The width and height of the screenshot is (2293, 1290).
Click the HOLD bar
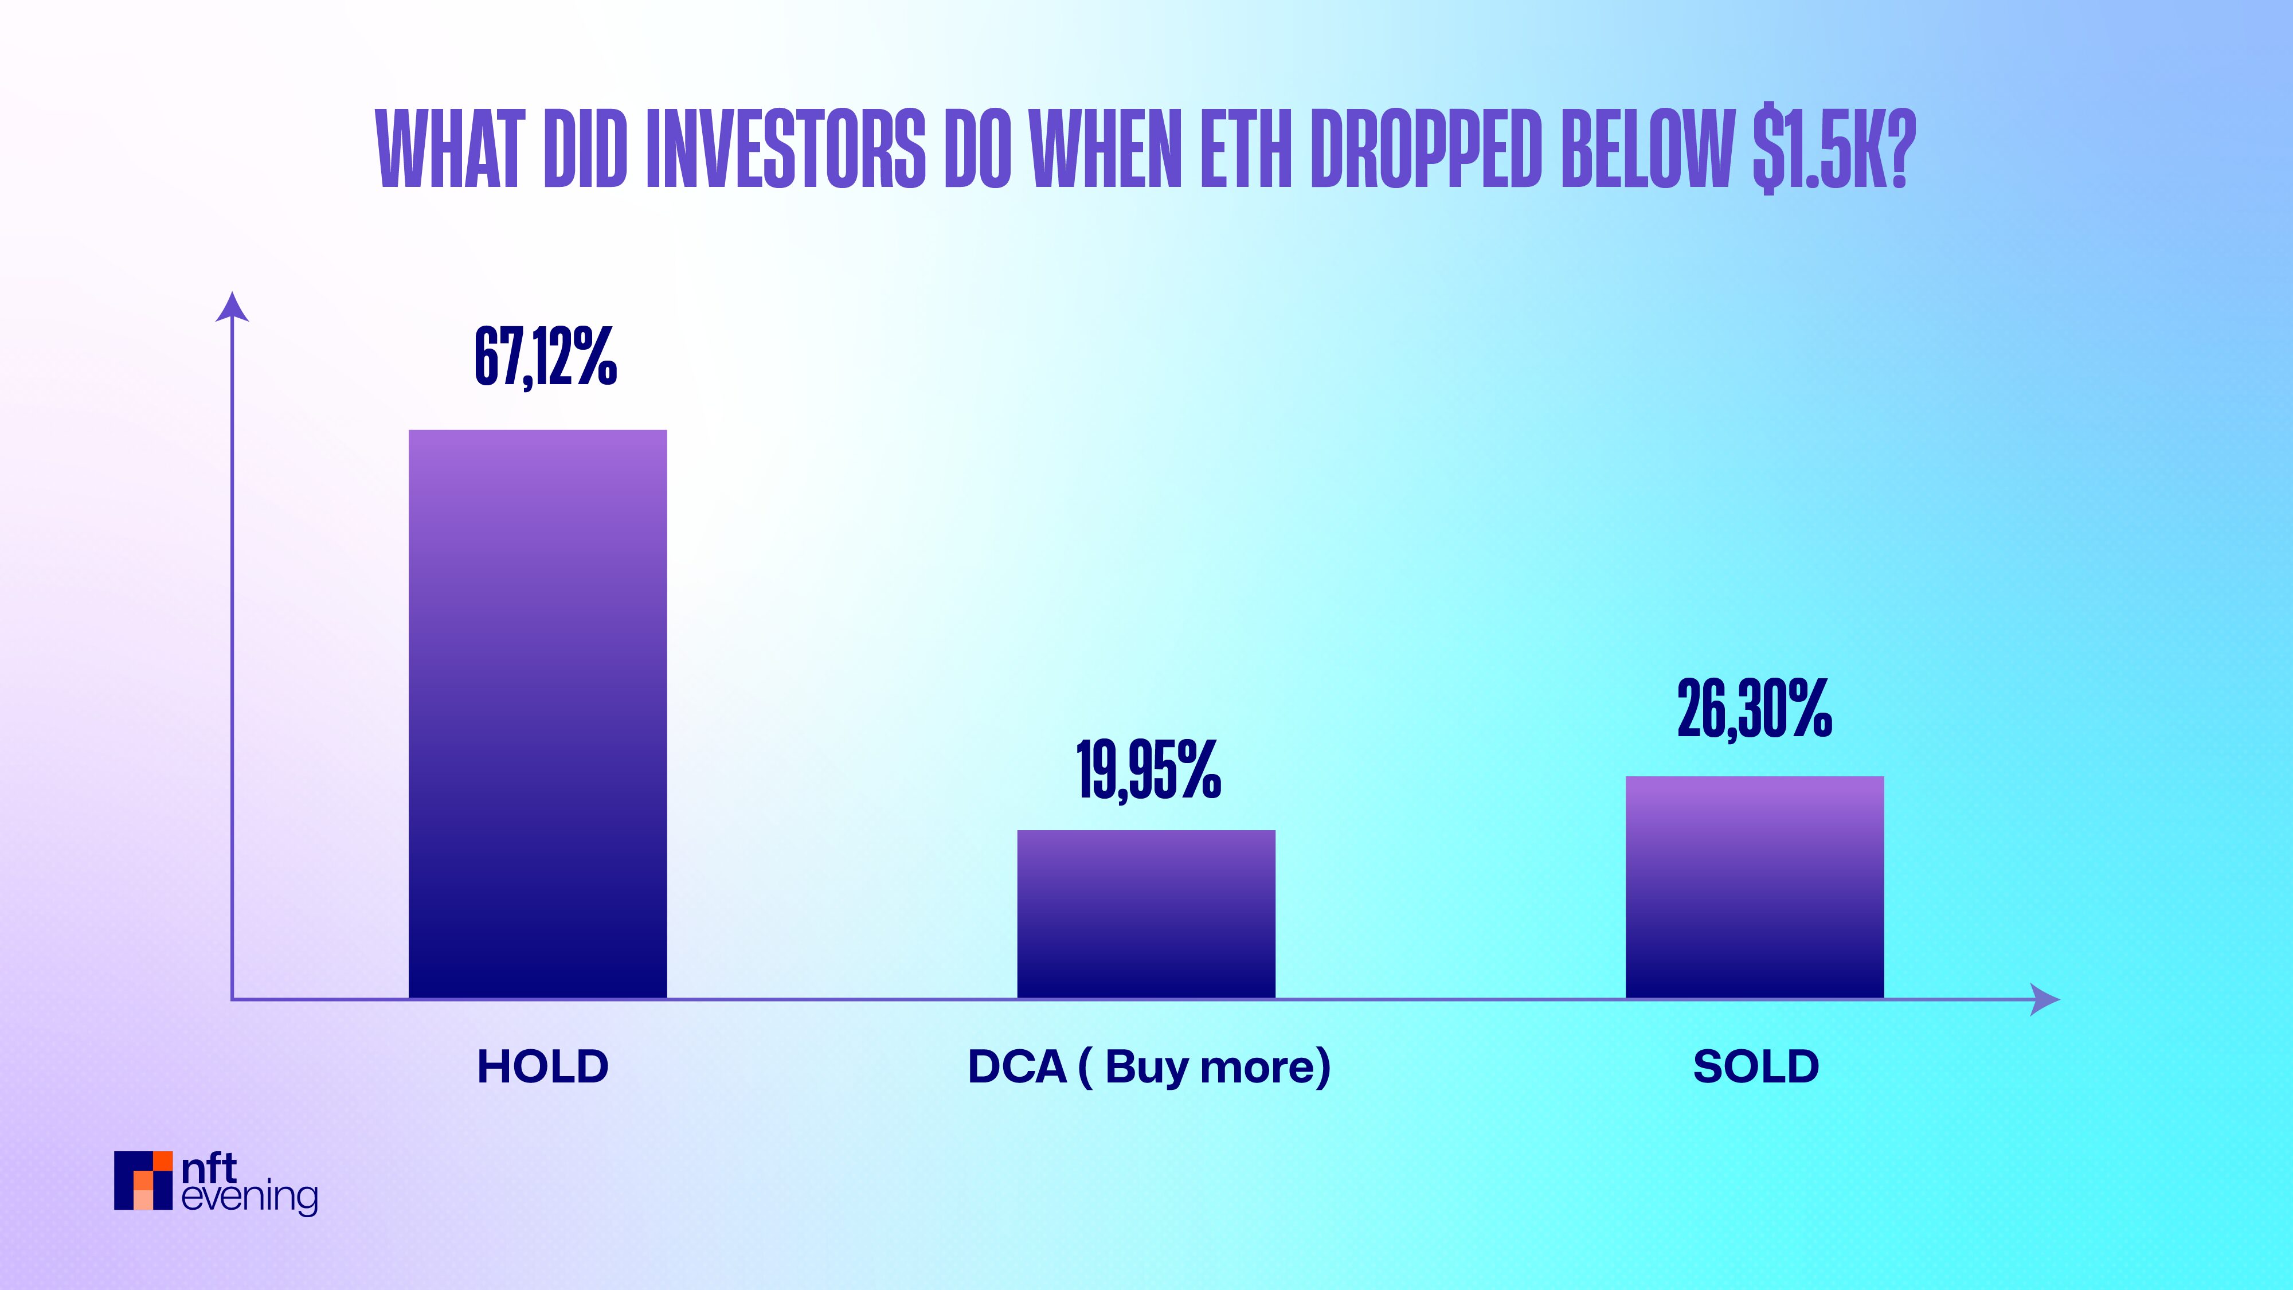click(x=538, y=714)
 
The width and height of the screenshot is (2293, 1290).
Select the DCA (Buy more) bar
click(x=1146, y=914)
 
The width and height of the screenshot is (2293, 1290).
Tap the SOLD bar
click(x=1755, y=888)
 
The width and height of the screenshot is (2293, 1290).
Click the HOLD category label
click(x=543, y=1066)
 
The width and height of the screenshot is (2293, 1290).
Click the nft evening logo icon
click(x=142, y=1180)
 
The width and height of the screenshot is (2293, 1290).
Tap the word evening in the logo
click(x=249, y=1198)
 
